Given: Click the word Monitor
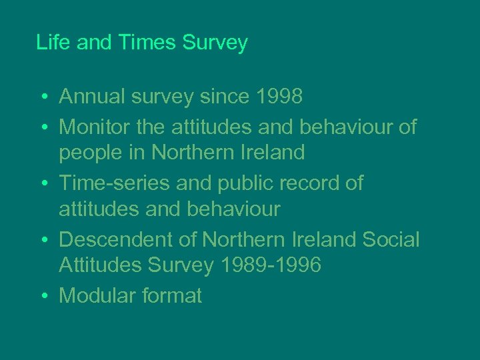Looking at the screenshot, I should click(95, 125).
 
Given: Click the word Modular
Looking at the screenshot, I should click(97, 295).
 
